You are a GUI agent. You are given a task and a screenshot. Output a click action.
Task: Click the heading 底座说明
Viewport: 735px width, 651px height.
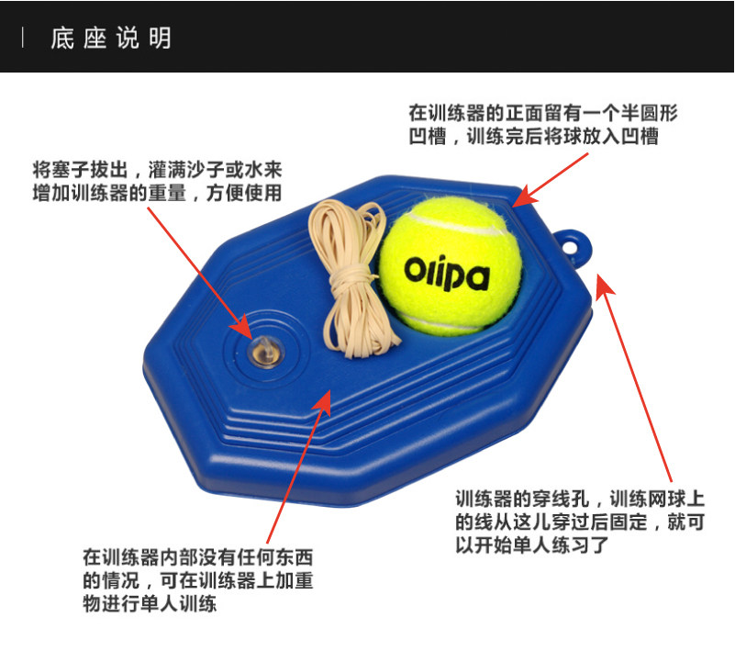coord(110,39)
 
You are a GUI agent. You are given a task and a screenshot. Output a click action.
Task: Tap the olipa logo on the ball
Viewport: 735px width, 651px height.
coord(447,273)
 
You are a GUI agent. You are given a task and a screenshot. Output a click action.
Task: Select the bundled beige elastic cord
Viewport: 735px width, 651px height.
coord(354,280)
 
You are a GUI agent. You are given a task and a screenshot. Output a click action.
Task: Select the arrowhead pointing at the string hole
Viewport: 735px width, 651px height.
coord(604,282)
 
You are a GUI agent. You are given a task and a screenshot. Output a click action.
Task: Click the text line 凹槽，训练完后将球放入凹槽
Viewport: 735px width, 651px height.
coord(532,137)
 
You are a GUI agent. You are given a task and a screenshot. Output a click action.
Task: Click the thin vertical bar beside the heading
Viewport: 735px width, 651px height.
coord(23,39)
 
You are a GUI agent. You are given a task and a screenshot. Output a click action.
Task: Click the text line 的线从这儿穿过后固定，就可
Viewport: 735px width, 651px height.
coord(579,522)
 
